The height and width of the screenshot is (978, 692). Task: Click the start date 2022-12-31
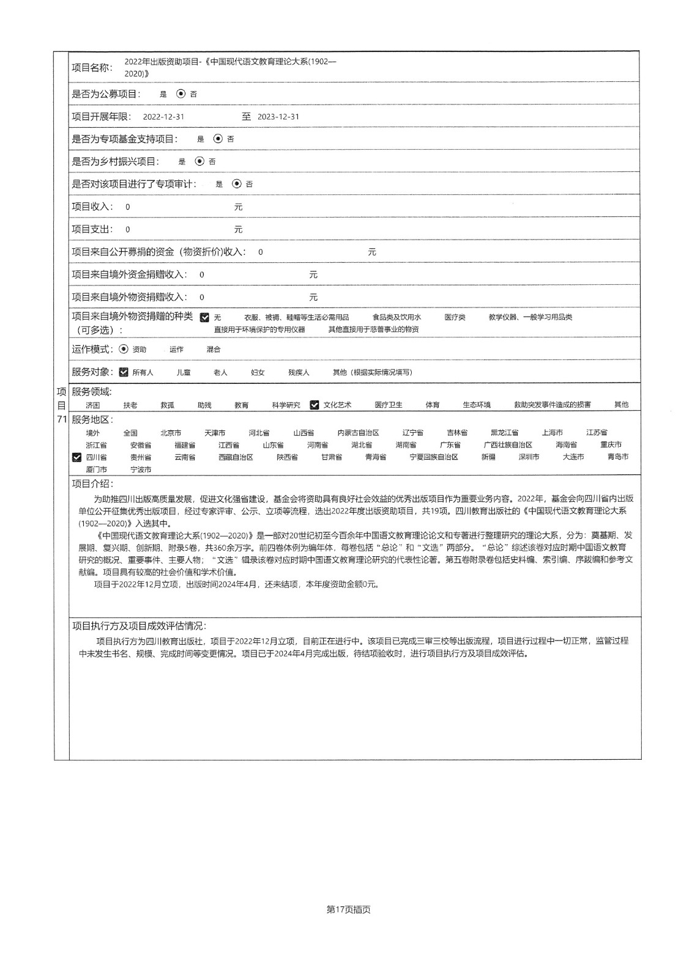coord(163,117)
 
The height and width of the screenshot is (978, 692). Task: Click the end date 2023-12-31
coord(278,117)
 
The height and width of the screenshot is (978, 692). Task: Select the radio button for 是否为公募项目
coord(180,94)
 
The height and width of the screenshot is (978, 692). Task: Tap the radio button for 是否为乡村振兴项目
coord(199,161)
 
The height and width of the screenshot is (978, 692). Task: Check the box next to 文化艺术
coord(314,405)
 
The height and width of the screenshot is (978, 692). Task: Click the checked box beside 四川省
coord(76,457)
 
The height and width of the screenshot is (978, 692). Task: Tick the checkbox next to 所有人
coord(124,372)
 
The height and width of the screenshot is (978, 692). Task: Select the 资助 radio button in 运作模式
coord(124,349)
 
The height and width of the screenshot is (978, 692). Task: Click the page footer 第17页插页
coord(349,910)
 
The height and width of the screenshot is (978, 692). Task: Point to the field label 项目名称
coord(92,67)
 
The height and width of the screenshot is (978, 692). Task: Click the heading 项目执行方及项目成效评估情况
coord(140,626)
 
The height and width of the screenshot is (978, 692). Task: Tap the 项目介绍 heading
coord(92,483)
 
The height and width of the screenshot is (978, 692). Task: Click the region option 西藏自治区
coord(236,457)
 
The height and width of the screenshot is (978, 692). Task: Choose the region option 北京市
coord(171,433)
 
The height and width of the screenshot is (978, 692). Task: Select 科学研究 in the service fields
coord(286,405)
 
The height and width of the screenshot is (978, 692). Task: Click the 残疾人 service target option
coord(299,373)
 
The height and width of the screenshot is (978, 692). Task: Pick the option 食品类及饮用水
coord(396,317)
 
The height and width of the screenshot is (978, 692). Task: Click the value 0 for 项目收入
coord(128,207)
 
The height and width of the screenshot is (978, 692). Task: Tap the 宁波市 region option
coord(141,470)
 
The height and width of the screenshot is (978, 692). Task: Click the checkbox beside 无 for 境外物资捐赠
coord(204,317)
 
